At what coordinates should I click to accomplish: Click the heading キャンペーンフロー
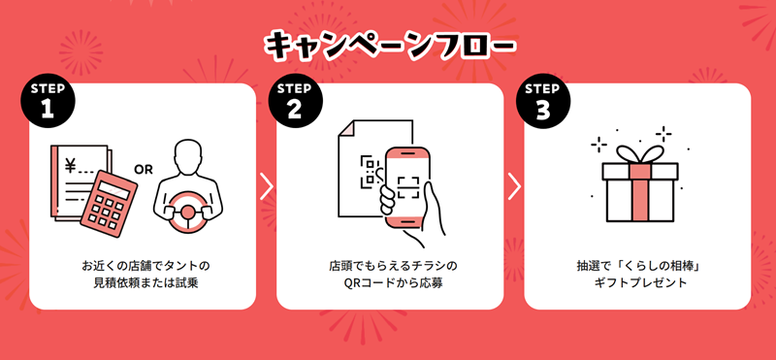coord(390,46)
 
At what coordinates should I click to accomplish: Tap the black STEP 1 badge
coord(48,101)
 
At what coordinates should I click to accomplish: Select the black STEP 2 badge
coord(295,101)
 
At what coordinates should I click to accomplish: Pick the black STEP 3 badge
coord(543,101)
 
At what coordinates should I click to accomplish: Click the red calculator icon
coord(109,204)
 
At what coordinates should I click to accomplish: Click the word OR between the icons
coord(144,170)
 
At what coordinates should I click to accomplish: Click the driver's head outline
coord(188,159)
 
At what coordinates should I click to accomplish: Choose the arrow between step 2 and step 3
coord(514,188)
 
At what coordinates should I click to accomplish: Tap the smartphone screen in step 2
coord(408,186)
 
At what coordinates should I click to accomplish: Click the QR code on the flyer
coord(372,172)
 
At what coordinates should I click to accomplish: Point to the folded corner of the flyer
coord(346,128)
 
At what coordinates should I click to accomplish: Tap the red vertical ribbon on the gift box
coord(640,193)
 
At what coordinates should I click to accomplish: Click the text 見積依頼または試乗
coord(145,283)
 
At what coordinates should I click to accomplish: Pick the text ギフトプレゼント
coord(640,283)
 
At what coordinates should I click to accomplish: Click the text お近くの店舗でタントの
coord(145,266)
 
